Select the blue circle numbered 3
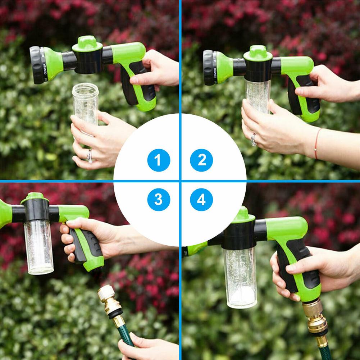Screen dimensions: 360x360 coord(158,200)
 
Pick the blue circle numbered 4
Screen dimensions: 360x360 coord(201,200)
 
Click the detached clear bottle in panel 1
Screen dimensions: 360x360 coord(85,104)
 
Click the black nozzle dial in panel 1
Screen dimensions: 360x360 coord(37,65)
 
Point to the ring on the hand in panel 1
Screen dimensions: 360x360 coord(90,155)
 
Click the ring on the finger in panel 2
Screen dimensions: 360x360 coord(254,139)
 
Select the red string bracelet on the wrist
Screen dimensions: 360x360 coord(316,144)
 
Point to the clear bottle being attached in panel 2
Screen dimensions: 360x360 coord(258,95)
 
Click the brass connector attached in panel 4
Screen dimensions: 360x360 coord(317,320)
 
